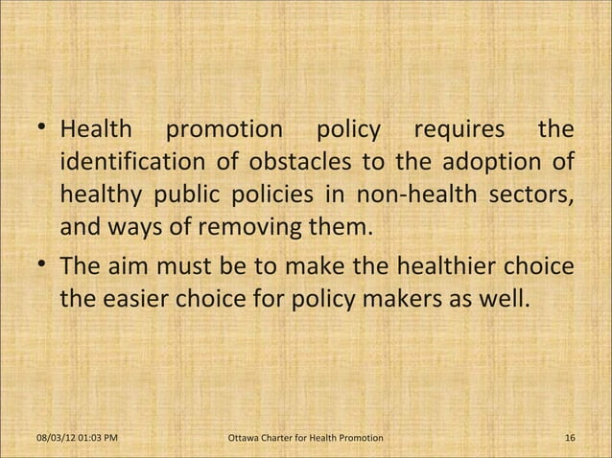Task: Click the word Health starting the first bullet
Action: coord(98,128)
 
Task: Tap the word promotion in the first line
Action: coord(224,128)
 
